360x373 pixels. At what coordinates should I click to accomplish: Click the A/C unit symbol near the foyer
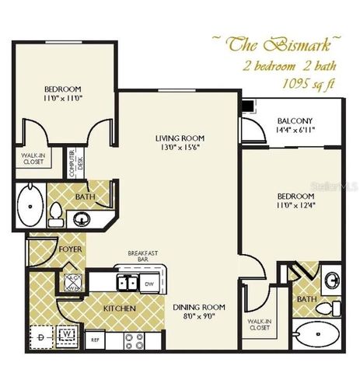pos(72,282)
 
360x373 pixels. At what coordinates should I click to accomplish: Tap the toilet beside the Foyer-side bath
pos(56,211)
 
